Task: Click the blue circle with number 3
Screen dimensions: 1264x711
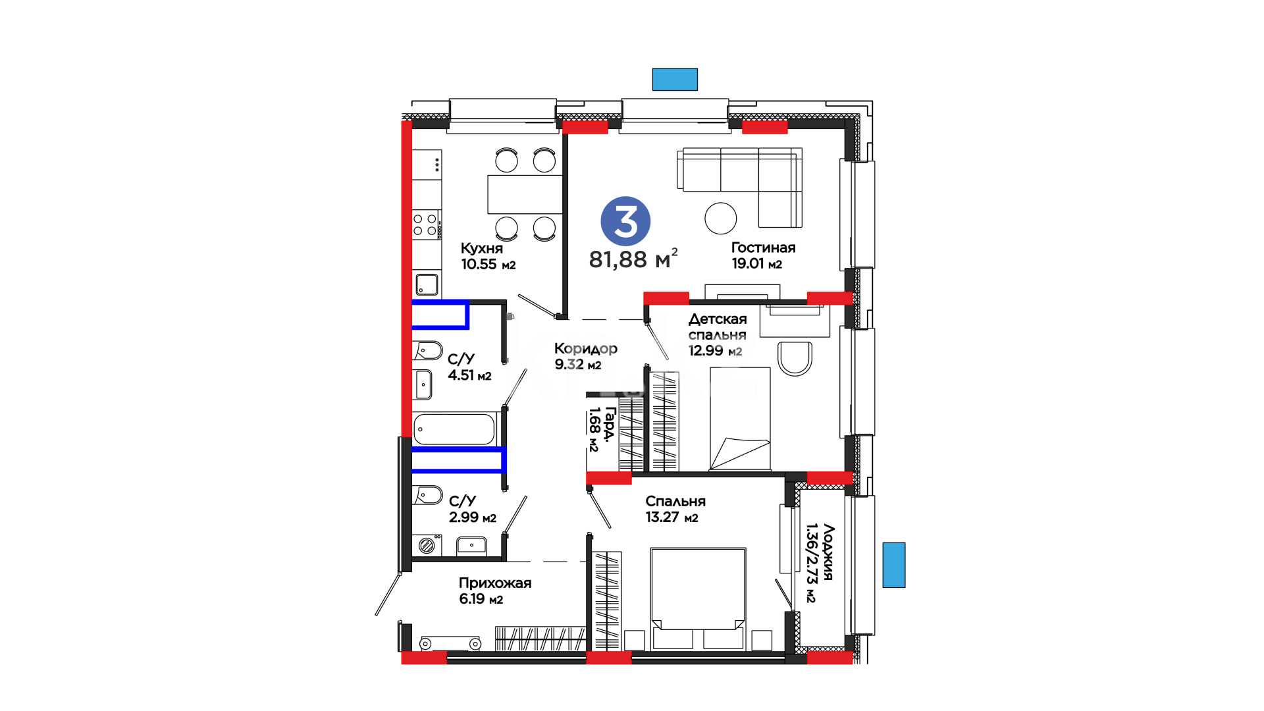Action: (x=625, y=221)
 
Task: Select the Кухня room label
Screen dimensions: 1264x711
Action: (x=482, y=248)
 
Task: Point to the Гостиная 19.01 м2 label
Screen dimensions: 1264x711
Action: (x=764, y=255)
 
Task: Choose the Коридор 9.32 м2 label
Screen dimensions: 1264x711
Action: (x=586, y=356)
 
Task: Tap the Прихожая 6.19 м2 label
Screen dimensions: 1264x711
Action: (x=495, y=591)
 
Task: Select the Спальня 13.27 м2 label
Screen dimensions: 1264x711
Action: (x=675, y=510)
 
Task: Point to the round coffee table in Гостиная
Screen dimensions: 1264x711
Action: (x=721, y=218)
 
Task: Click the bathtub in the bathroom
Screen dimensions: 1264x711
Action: (x=454, y=429)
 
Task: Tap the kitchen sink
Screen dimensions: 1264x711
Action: (x=427, y=284)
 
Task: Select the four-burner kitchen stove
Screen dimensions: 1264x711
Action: (x=425, y=224)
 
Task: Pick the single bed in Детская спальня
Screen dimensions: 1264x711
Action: (x=740, y=419)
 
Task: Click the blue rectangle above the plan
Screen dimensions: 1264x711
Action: (x=675, y=80)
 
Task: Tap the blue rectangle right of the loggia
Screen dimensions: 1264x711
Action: (x=894, y=565)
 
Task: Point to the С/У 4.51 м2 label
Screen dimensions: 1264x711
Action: (x=469, y=367)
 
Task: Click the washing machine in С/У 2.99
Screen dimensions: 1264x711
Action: (x=427, y=545)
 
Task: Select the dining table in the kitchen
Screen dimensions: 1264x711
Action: (x=525, y=194)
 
